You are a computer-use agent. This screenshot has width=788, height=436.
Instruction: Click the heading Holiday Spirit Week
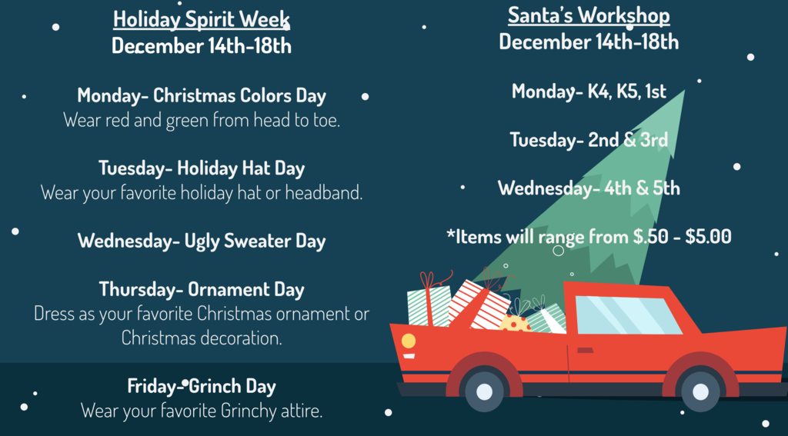[x=202, y=19]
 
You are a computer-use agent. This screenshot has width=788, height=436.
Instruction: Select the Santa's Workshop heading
[x=589, y=15]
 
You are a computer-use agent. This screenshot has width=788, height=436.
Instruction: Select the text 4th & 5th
[x=642, y=188]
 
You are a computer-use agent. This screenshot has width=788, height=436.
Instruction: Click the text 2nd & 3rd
[x=628, y=140]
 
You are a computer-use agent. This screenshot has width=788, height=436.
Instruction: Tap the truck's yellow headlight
[x=409, y=341]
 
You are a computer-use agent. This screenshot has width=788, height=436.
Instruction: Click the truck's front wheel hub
[x=484, y=391]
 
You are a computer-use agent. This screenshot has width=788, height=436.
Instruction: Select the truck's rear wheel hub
[x=700, y=391]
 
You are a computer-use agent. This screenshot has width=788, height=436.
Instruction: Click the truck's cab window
[x=627, y=315]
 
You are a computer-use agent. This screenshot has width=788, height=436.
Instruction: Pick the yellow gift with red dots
[x=515, y=324]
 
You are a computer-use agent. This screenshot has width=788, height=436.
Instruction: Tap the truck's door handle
[x=585, y=350]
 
